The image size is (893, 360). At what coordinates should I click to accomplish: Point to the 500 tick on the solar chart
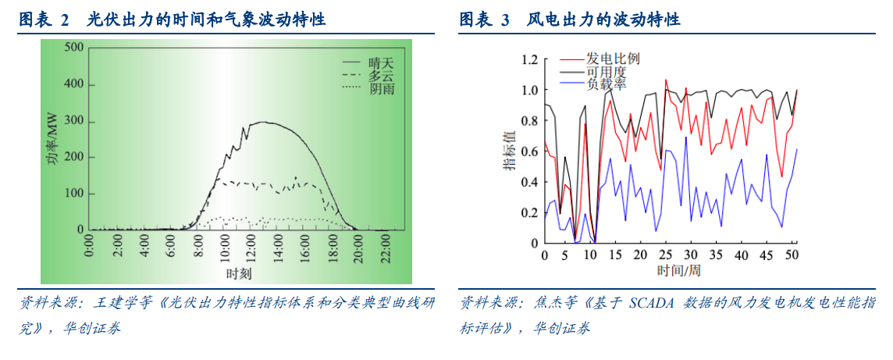pos(74,48)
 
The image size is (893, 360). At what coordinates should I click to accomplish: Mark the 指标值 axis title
pos(509,151)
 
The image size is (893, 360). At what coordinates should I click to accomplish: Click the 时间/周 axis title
pos(678,269)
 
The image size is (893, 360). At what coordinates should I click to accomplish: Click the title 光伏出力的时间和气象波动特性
pos(206,20)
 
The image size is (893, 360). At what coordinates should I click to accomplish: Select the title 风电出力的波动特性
pos(603,20)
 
